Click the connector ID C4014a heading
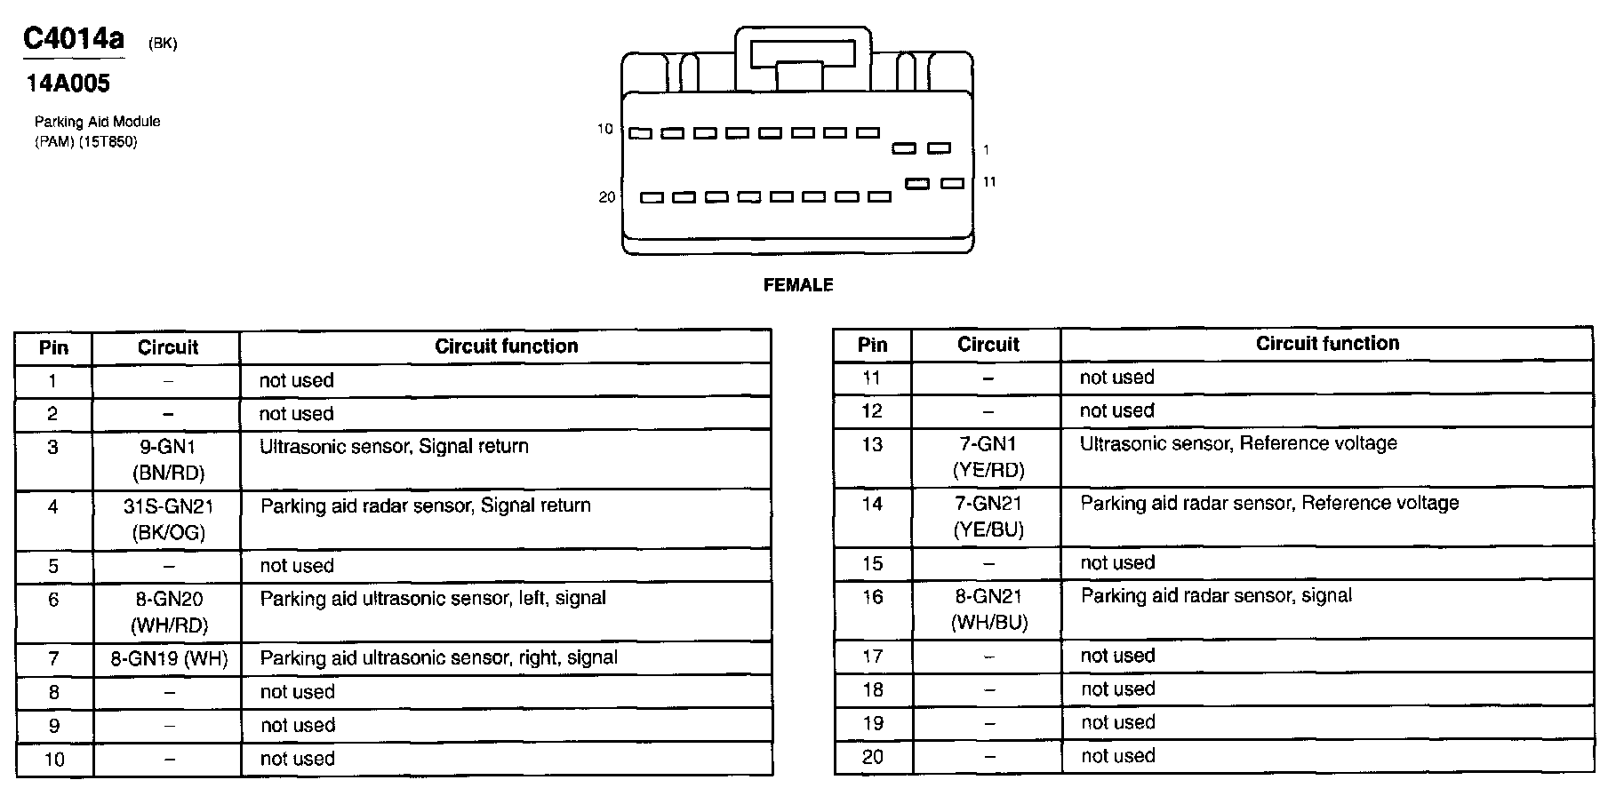[x=74, y=39]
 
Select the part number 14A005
[x=68, y=84]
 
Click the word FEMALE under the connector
[x=798, y=285]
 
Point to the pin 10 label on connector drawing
[x=605, y=130]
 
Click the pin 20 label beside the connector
[x=606, y=197]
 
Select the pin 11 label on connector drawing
[x=989, y=182]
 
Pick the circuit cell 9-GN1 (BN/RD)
[x=167, y=459]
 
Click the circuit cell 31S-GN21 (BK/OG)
[x=167, y=519]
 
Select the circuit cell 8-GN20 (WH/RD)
[x=169, y=611]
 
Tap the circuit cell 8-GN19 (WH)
[x=169, y=658]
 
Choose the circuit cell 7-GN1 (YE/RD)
[x=988, y=457]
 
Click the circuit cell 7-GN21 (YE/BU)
[x=988, y=516]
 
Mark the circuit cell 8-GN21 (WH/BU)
[x=988, y=609]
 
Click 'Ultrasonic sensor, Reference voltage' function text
[x=1237, y=443]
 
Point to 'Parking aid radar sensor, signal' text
[x=1215, y=595]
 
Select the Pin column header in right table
[x=872, y=345]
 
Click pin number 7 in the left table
[x=53, y=658]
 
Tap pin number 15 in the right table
[x=872, y=563]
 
